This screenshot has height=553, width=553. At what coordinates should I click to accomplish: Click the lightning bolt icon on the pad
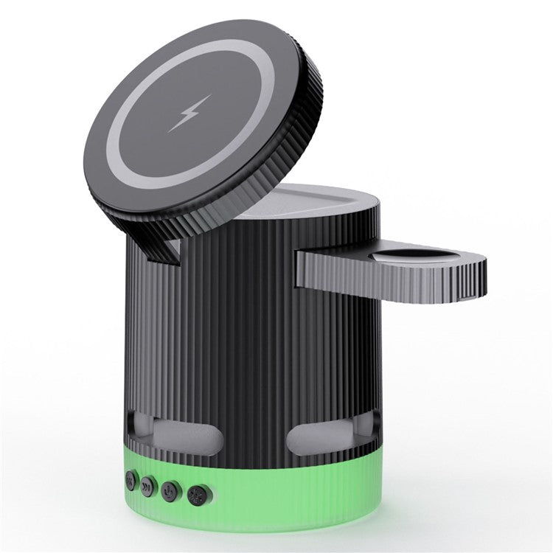[189, 114]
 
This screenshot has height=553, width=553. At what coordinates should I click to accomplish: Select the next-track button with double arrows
[147, 485]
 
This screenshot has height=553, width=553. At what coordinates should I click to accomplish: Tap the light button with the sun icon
[196, 494]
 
